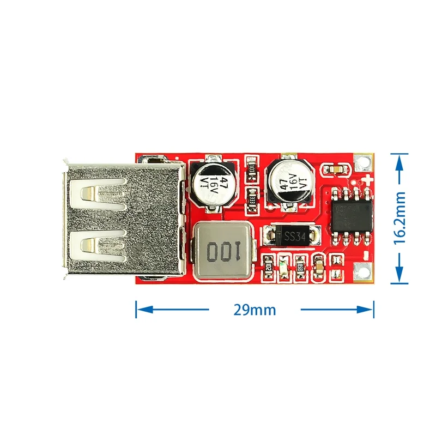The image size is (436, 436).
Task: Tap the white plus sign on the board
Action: click(370, 179)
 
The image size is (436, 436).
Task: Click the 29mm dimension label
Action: click(255, 310)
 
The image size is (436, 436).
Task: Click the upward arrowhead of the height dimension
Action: click(401, 158)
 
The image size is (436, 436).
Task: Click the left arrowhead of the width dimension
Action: click(141, 310)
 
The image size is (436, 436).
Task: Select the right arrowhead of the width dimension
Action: click(368, 310)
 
